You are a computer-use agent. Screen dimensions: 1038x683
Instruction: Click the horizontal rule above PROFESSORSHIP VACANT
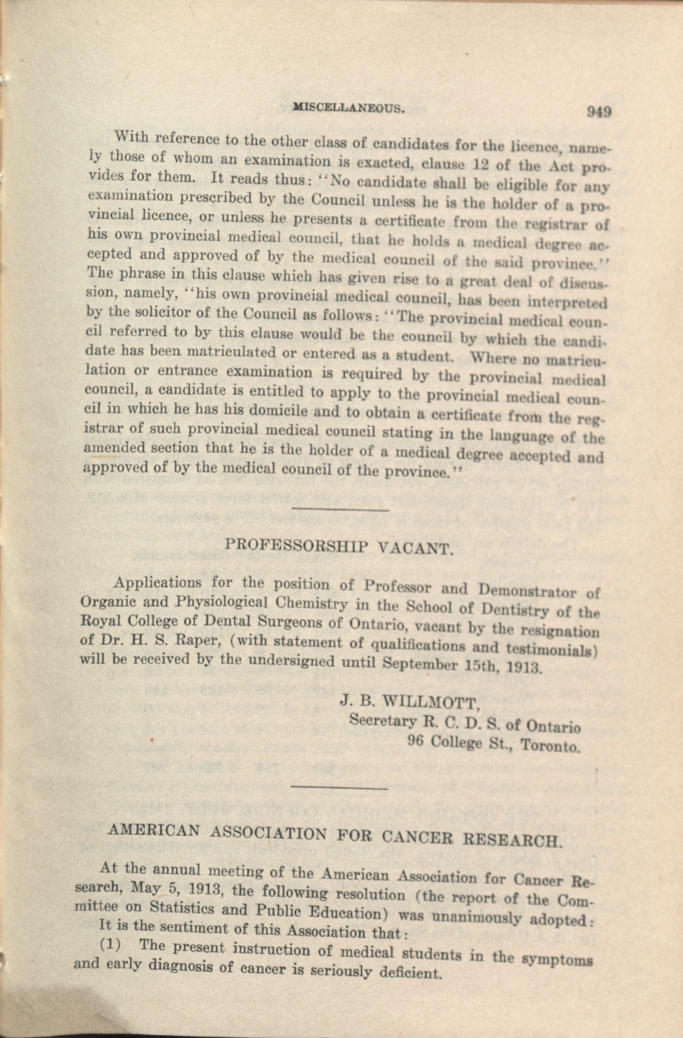340,509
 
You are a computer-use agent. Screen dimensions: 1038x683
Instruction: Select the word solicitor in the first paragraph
149,312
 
